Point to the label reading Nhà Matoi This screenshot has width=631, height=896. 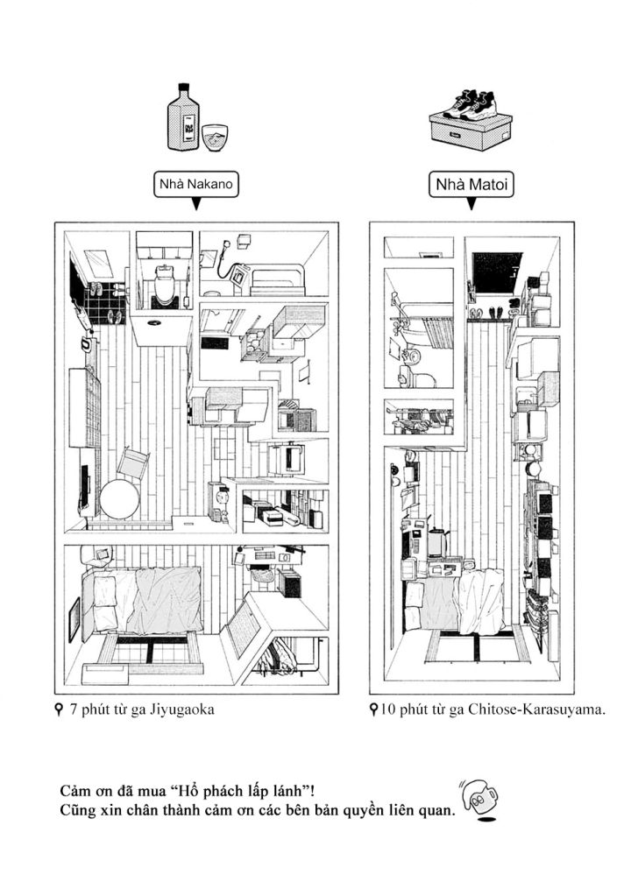(x=471, y=185)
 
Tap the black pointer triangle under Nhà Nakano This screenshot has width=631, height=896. (x=195, y=205)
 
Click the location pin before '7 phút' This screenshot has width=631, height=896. (x=58, y=709)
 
